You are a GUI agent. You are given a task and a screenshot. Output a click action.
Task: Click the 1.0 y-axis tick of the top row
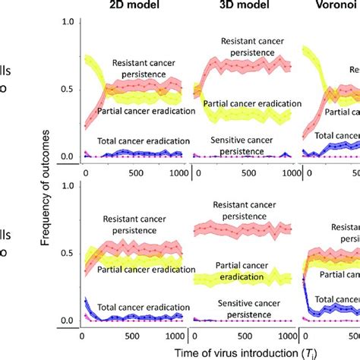67,22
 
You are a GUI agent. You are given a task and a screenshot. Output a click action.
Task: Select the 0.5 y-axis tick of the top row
67,90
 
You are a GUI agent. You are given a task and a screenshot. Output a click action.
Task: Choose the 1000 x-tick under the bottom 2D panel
175,333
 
